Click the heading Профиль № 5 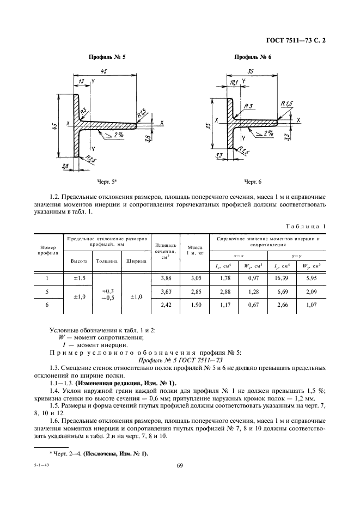[107, 57]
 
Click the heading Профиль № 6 [252, 57]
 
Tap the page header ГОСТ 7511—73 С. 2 [298, 40]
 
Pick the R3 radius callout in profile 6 [248, 106]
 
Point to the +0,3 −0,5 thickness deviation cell [107, 295]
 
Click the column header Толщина [107, 260]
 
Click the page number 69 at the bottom [180, 465]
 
